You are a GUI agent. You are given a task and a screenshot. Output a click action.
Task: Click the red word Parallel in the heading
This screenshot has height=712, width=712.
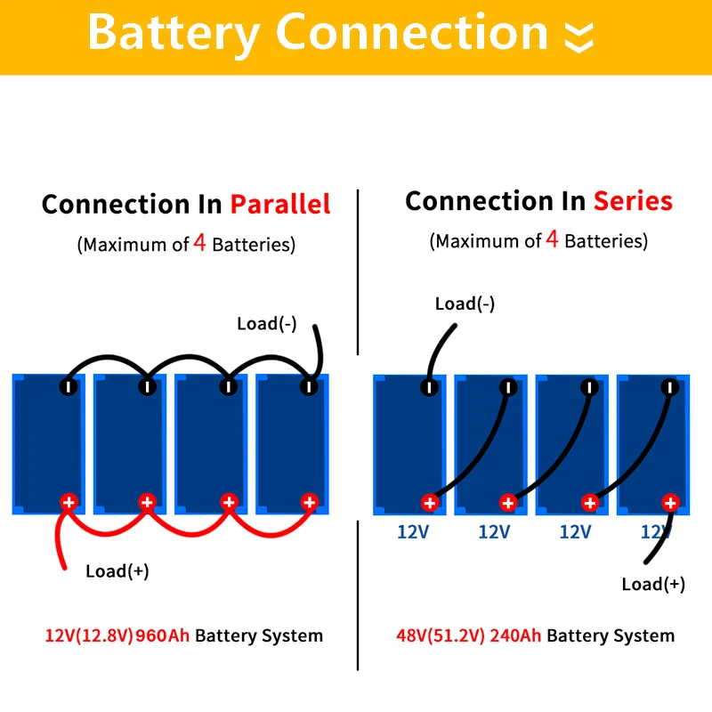click(x=280, y=205)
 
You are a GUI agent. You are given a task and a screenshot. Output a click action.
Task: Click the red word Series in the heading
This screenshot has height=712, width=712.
click(x=634, y=201)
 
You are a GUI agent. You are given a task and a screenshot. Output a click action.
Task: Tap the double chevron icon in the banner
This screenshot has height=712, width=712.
click(x=578, y=36)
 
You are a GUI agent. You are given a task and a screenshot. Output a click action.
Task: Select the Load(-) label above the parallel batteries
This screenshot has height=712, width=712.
click(x=267, y=324)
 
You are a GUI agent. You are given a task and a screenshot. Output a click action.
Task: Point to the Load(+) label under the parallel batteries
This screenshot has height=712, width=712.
click(x=117, y=571)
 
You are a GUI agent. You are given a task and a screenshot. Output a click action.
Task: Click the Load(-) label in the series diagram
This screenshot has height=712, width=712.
click(x=465, y=304)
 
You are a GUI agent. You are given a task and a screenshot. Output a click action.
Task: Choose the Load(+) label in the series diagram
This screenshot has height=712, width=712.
click(x=653, y=585)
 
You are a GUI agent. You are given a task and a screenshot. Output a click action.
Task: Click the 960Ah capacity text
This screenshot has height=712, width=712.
click(x=163, y=635)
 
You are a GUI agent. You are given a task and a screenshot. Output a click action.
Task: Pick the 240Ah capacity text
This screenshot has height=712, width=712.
click(x=515, y=635)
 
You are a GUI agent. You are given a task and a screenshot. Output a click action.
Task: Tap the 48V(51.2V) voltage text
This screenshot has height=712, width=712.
click(x=441, y=635)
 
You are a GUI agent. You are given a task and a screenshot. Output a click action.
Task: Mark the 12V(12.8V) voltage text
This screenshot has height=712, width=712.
click(x=89, y=635)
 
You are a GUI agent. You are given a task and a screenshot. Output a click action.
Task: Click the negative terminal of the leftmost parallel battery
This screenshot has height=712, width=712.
click(x=68, y=386)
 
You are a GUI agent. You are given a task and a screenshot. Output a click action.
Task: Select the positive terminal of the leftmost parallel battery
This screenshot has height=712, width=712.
click(x=68, y=502)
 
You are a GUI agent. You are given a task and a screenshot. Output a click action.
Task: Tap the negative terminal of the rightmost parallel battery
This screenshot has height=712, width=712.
click(x=309, y=386)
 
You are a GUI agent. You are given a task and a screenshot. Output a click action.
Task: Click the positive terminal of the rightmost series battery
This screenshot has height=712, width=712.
click(x=670, y=503)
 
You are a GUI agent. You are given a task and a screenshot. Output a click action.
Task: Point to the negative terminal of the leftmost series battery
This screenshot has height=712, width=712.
click(x=429, y=386)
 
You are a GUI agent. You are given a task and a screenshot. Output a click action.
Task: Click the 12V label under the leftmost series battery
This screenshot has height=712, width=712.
click(x=412, y=532)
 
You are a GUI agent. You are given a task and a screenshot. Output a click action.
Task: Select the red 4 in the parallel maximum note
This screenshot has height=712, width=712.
click(x=200, y=244)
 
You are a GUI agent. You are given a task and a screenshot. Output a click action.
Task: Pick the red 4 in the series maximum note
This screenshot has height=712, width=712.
click(x=553, y=240)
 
